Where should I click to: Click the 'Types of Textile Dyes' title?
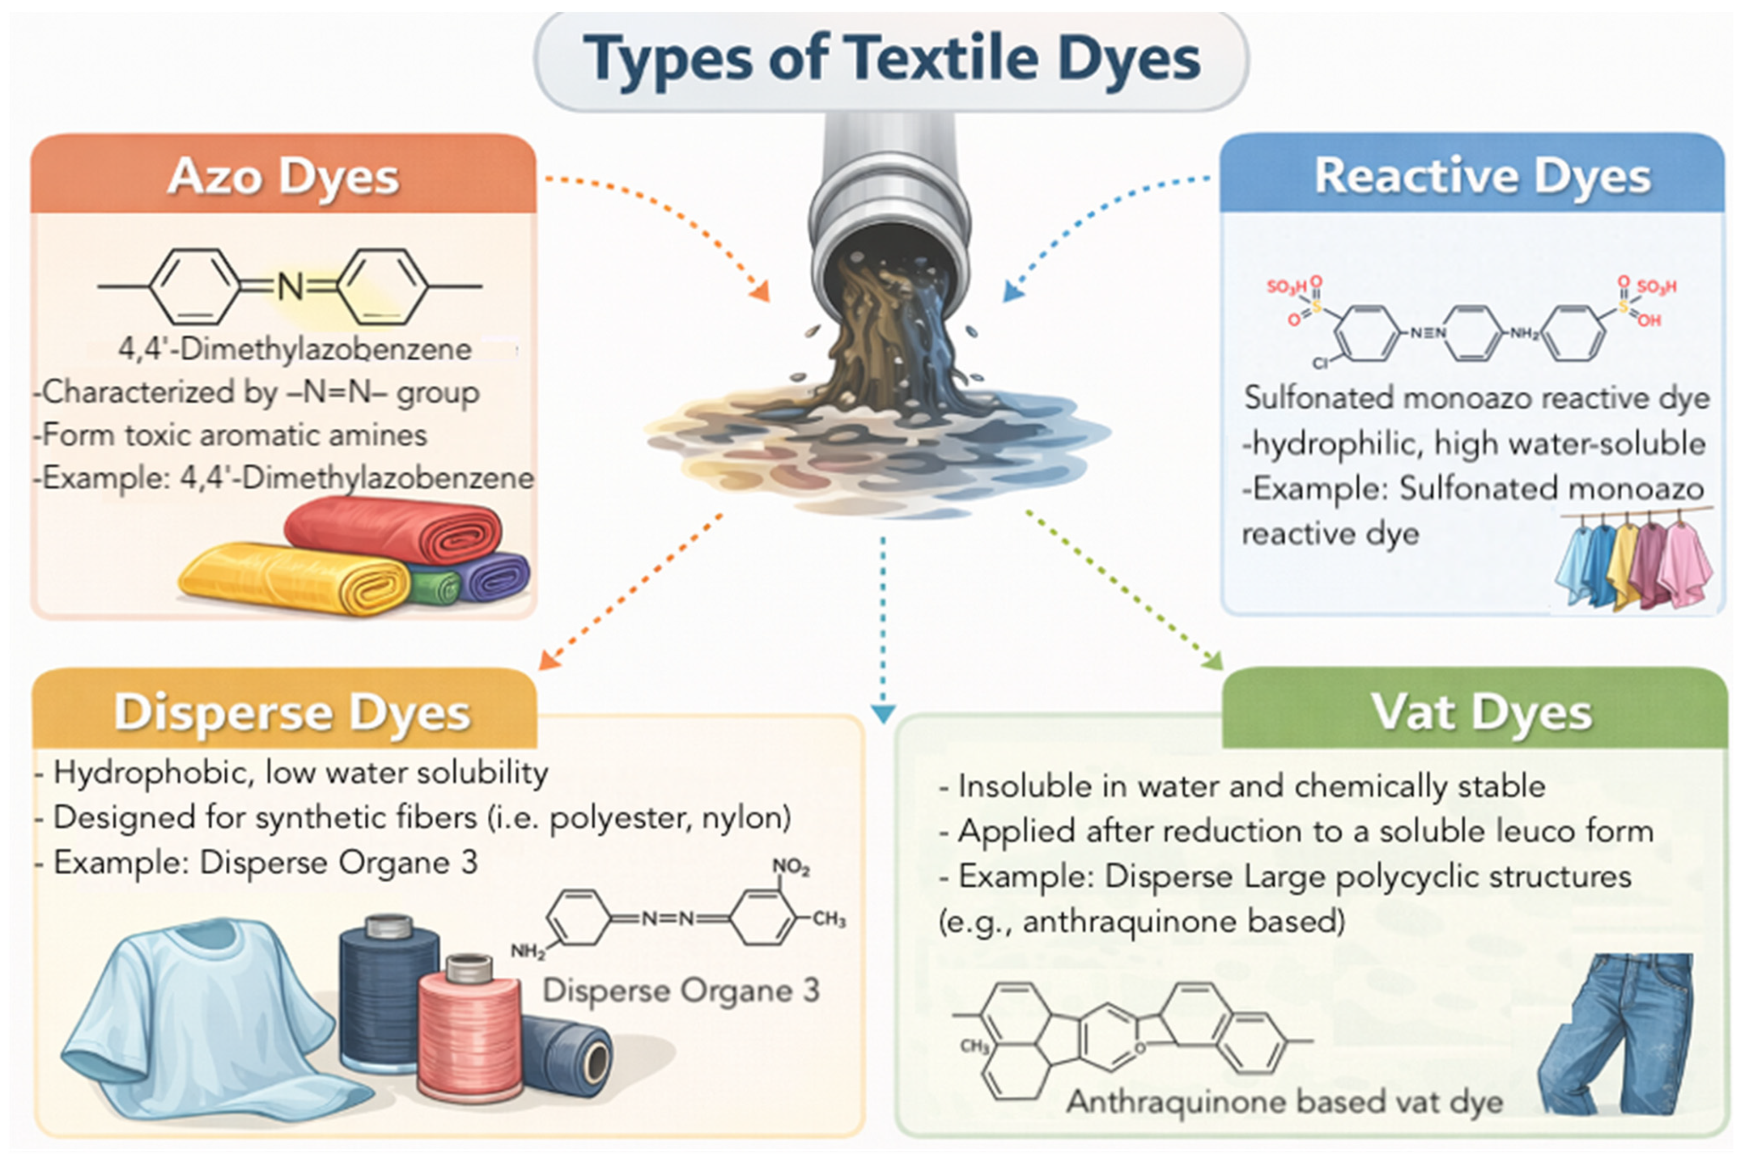click(x=891, y=59)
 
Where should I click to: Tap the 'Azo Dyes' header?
click(x=283, y=177)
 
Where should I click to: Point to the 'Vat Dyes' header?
click(x=1481, y=712)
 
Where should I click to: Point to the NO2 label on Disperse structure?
click(x=790, y=866)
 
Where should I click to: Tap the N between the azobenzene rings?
click(x=290, y=287)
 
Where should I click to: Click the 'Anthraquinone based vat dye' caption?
click(x=1284, y=1102)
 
